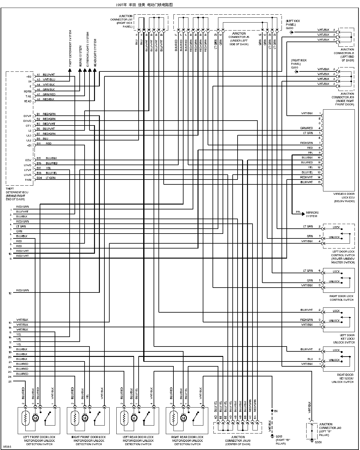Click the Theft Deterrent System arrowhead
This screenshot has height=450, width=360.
pos(70,70)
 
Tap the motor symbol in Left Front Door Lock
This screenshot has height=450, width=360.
pos(35,418)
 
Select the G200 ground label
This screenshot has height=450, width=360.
pos(289,28)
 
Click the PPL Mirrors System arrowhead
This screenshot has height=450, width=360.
pos(303,214)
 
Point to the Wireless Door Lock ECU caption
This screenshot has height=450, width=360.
pos(344,197)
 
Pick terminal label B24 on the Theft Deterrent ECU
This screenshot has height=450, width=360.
pos(39,178)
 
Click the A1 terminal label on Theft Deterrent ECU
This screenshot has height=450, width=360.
pos(38,75)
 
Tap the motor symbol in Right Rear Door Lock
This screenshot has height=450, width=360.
pos(183,418)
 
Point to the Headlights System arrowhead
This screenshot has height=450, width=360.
pos(95,70)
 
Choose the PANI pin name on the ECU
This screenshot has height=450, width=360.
pos(28,180)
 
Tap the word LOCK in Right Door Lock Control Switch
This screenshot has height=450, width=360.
pos(336,271)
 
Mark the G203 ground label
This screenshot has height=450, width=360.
pos(295,67)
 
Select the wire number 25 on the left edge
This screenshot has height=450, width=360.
pos(10,382)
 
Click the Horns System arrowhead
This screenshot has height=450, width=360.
pos(80,70)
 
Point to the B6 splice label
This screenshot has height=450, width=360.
pos(276,411)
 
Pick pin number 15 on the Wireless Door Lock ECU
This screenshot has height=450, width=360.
pos(319,182)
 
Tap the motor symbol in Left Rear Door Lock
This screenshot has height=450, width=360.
pos(134,418)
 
